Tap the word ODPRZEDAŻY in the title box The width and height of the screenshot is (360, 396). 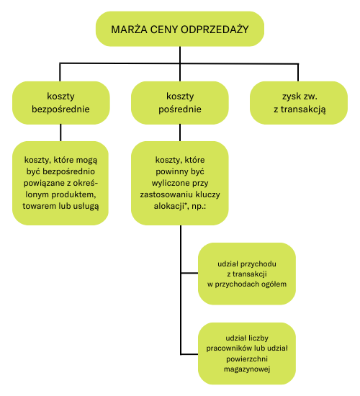(x=215, y=30)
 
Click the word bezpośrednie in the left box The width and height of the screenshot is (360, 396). (x=60, y=109)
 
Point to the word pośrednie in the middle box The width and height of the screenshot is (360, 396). (x=180, y=109)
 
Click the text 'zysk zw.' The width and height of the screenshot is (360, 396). (x=300, y=96)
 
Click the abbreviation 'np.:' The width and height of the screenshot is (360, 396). (x=199, y=207)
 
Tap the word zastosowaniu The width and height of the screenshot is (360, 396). (x=164, y=194)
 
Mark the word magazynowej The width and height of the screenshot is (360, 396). (x=247, y=369)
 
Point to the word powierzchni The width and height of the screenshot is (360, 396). (x=247, y=359)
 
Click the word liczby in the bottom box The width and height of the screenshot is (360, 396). (x=258, y=338)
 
